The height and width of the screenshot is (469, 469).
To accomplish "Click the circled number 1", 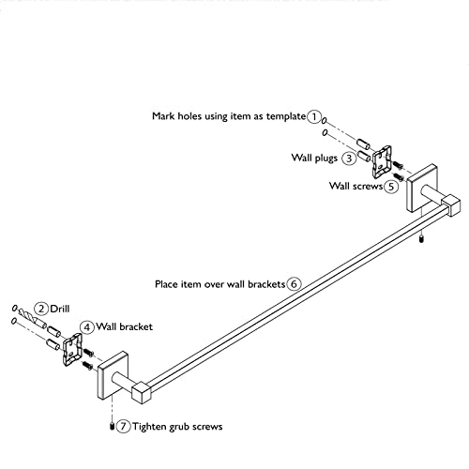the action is (314, 116).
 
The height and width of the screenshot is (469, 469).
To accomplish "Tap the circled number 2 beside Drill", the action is (41, 309).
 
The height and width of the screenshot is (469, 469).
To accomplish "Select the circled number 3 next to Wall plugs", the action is (349, 158).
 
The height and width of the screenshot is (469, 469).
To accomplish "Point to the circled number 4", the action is (86, 327).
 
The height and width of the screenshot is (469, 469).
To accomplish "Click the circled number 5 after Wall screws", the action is (391, 187).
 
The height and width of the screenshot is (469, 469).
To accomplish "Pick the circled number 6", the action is (294, 284).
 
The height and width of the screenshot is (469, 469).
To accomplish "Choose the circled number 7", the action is (123, 426).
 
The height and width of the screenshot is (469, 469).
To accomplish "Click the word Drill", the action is (60, 309).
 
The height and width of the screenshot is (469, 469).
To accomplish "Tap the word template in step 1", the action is (286, 116).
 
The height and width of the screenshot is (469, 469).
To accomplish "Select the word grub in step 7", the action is (179, 427).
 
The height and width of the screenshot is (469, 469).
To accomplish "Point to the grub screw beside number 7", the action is (112, 427).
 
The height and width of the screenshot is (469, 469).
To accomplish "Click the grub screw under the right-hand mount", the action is (421, 240).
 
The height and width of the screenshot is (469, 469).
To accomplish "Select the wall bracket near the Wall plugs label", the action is (382, 161).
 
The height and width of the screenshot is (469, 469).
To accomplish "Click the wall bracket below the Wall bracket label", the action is (72, 350).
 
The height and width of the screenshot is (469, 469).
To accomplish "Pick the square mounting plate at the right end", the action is (421, 188).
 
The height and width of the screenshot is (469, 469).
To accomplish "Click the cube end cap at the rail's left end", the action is (142, 392).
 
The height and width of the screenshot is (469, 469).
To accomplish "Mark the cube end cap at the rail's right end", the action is (450, 205).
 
